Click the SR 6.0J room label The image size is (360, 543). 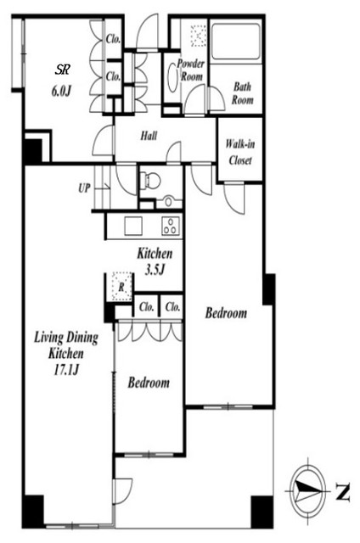[x=62, y=81]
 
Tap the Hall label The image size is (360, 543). [x=149, y=136]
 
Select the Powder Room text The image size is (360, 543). [x=191, y=70]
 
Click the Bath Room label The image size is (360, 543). [x=242, y=93]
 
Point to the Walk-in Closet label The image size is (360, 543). [x=239, y=152]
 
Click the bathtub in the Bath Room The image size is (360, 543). [x=236, y=42]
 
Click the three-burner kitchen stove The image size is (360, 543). [x=171, y=227]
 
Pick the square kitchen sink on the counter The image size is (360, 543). [x=133, y=227]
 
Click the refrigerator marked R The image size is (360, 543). [x=121, y=287]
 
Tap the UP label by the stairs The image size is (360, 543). [x=84, y=188]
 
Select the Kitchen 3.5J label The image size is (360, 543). [x=155, y=261]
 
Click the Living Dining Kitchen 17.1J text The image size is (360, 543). [x=66, y=354]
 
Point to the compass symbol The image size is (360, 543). [x=307, y=491]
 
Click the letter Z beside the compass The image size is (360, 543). [x=342, y=492]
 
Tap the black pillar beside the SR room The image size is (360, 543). [x=32, y=150]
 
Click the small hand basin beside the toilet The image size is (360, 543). [x=169, y=201]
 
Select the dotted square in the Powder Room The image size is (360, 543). [x=198, y=35]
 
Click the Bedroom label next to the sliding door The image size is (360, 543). [x=149, y=383]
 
